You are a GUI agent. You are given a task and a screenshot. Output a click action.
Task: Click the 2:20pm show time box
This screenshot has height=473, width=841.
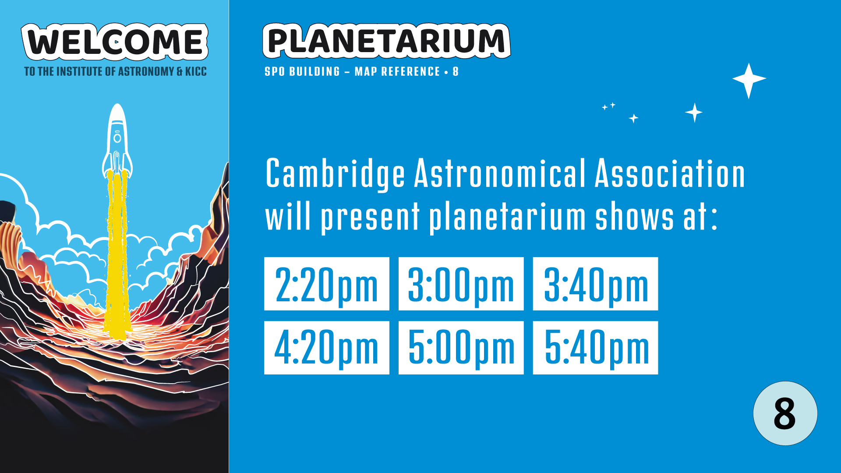(x=326, y=284)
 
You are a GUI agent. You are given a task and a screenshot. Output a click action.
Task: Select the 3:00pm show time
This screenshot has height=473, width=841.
(x=461, y=284)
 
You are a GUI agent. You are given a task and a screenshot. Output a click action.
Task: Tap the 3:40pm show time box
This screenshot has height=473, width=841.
(x=595, y=284)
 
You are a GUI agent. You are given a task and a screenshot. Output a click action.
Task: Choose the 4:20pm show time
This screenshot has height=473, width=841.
(x=326, y=348)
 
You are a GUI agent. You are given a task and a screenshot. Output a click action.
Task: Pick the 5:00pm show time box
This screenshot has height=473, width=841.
(x=461, y=348)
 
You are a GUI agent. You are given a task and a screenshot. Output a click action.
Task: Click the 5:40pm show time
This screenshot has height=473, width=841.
(x=595, y=348)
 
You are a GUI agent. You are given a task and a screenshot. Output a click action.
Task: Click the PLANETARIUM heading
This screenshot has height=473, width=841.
(x=386, y=41)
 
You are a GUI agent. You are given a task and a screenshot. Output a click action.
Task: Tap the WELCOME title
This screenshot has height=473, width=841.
(x=115, y=42)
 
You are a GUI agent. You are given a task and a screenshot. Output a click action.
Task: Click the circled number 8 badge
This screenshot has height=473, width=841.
(x=785, y=413)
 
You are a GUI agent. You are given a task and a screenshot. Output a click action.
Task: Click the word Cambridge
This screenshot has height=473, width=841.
(x=335, y=174)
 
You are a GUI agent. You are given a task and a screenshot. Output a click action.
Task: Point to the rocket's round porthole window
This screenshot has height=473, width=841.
(x=117, y=138)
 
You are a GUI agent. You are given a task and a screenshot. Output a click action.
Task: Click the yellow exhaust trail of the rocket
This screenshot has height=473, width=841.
(x=117, y=254)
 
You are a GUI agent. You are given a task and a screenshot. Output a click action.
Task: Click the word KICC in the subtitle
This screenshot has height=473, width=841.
(x=196, y=71)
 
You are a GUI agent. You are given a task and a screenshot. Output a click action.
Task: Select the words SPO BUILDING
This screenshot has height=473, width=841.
(x=302, y=71)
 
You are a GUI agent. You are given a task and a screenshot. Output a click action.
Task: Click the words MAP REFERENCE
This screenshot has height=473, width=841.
(x=397, y=71)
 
